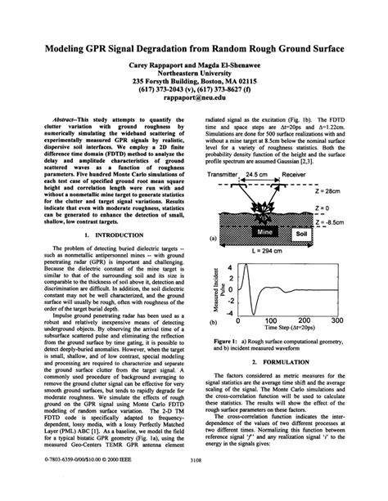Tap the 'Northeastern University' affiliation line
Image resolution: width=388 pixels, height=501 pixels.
coord(194,62)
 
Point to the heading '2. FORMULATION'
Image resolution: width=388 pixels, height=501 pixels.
coord(283,360)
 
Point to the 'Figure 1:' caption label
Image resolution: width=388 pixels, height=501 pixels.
coord(227,342)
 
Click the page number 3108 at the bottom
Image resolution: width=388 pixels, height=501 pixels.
coord(194,483)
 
